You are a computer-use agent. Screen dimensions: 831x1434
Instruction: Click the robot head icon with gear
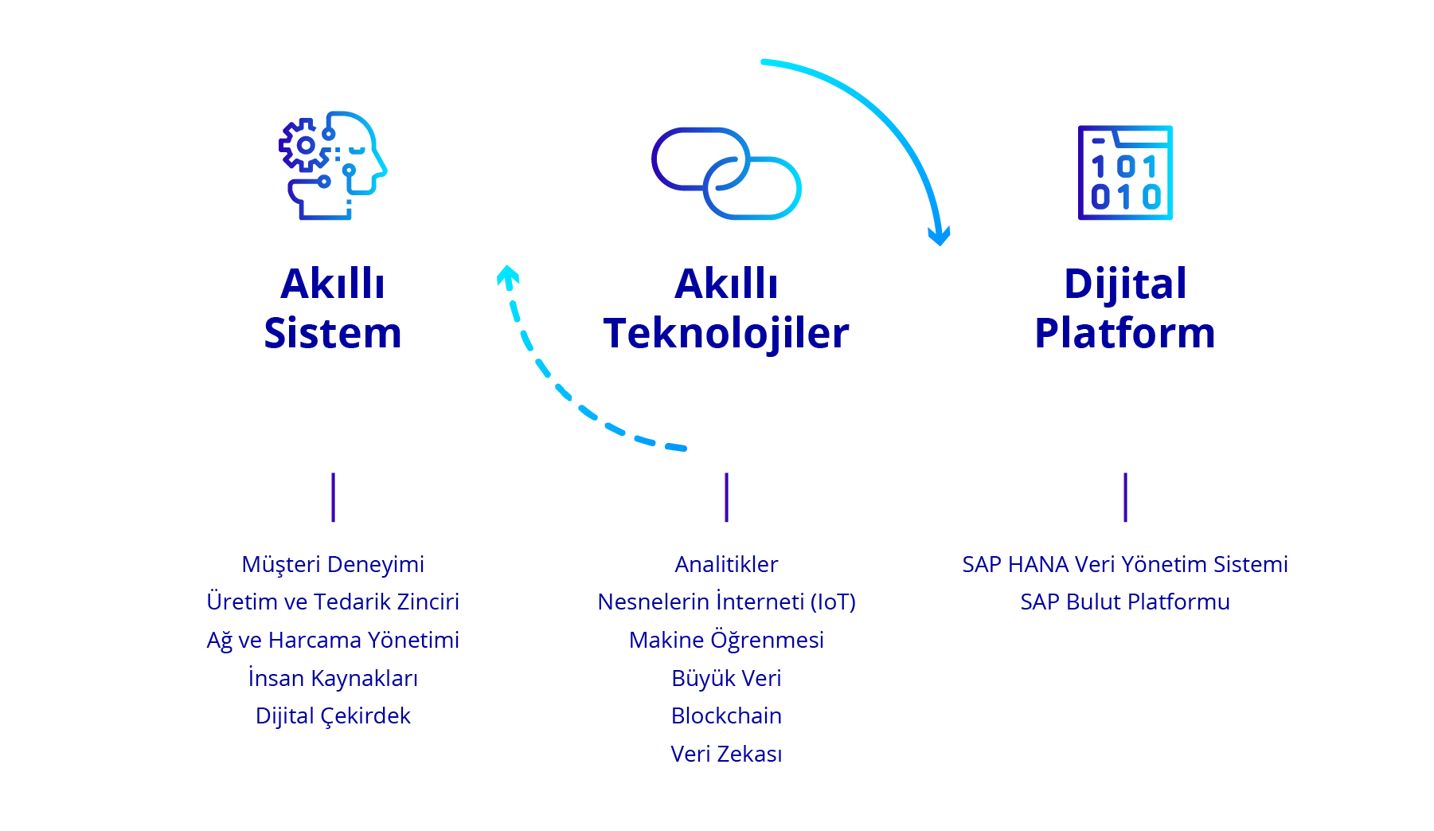(x=333, y=165)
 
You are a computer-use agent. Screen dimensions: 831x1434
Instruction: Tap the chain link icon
(x=726, y=173)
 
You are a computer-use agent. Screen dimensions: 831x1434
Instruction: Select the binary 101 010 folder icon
(x=1125, y=172)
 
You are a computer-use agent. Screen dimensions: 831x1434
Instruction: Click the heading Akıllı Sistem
(x=333, y=308)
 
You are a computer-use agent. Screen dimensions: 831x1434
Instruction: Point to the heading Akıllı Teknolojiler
(x=726, y=308)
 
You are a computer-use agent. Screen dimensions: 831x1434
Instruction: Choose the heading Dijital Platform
(x=1125, y=308)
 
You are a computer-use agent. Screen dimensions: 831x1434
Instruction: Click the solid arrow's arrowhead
(x=940, y=236)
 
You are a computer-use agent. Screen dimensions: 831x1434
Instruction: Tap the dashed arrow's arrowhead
(x=507, y=275)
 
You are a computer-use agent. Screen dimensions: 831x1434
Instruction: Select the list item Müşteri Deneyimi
(x=333, y=564)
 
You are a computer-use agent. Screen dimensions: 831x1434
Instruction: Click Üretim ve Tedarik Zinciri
(x=333, y=602)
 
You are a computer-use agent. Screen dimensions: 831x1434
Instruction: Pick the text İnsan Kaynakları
(x=333, y=678)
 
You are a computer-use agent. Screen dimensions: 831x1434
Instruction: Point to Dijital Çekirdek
(x=333, y=715)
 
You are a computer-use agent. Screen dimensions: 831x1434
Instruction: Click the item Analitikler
(x=726, y=564)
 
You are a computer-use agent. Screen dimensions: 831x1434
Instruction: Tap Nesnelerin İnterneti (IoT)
(x=726, y=602)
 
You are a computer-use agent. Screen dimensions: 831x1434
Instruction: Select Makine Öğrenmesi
(x=726, y=640)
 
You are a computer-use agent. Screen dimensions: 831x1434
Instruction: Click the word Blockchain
(x=726, y=715)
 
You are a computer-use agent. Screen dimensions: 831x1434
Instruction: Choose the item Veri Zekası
(x=726, y=754)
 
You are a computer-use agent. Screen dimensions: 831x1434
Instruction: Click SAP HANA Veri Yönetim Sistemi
(x=1125, y=564)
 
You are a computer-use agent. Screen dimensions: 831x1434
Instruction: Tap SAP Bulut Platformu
(x=1125, y=602)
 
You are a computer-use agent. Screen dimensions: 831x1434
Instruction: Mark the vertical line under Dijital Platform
(x=1125, y=497)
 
